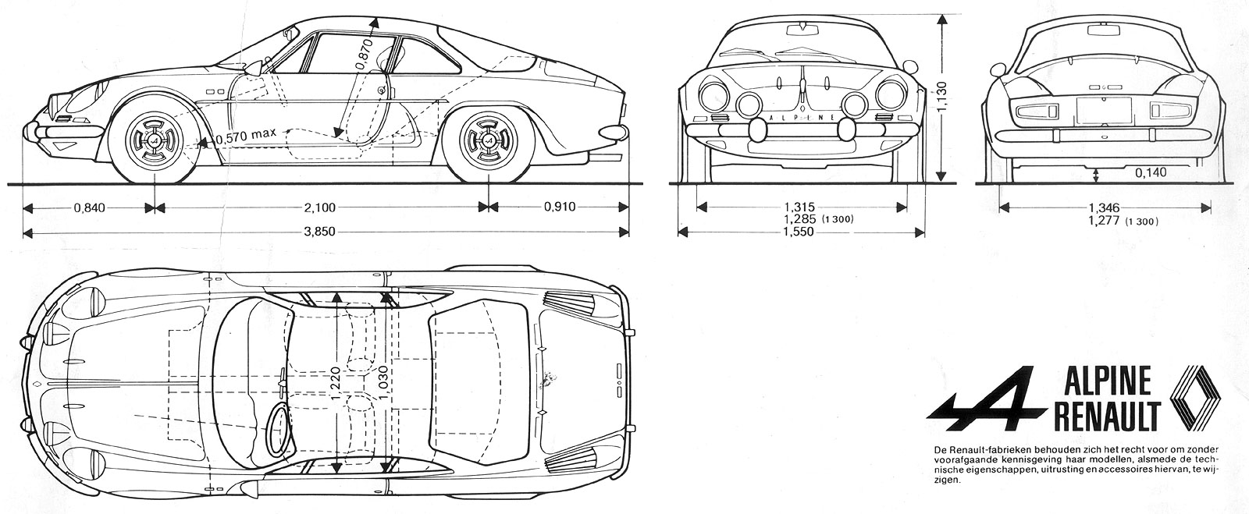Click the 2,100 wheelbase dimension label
pyautogui.click(x=319, y=207)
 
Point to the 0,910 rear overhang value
pyautogui.click(x=560, y=207)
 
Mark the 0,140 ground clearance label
pyautogui.click(x=1151, y=172)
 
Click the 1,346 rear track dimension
pyautogui.click(x=1104, y=207)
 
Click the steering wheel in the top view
pyautogui.click(x=278, y=430)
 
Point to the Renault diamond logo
pyautogui.click(x=1197, y=398)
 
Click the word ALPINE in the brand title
pyautogui.click(x=1107, y=383)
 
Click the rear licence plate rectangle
pyautogui.click(x=1104, y=109)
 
